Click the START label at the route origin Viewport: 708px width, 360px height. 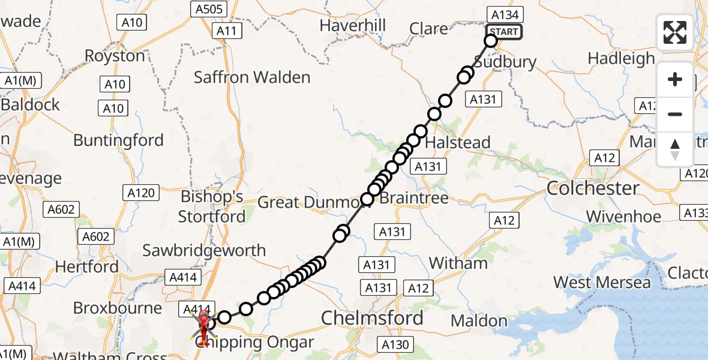(503, 32)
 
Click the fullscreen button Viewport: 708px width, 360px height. (675, 32)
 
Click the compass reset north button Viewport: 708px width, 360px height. (675, 149)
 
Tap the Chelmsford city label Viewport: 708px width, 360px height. (372, 318)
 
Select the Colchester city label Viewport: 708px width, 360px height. (593, 188)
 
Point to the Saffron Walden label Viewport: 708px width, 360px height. (252, 77)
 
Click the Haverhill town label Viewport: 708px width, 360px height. (352, 26)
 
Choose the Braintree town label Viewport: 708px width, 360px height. (414, 198)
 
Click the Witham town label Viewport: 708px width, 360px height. (458, 263)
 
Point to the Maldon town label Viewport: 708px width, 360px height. (479, 321)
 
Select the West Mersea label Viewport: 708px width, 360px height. (601, 282)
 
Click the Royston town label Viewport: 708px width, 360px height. (115, 56)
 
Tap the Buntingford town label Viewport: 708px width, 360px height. (118, 140)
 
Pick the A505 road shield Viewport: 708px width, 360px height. (208, 8)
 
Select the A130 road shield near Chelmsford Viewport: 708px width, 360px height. (395, 344)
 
